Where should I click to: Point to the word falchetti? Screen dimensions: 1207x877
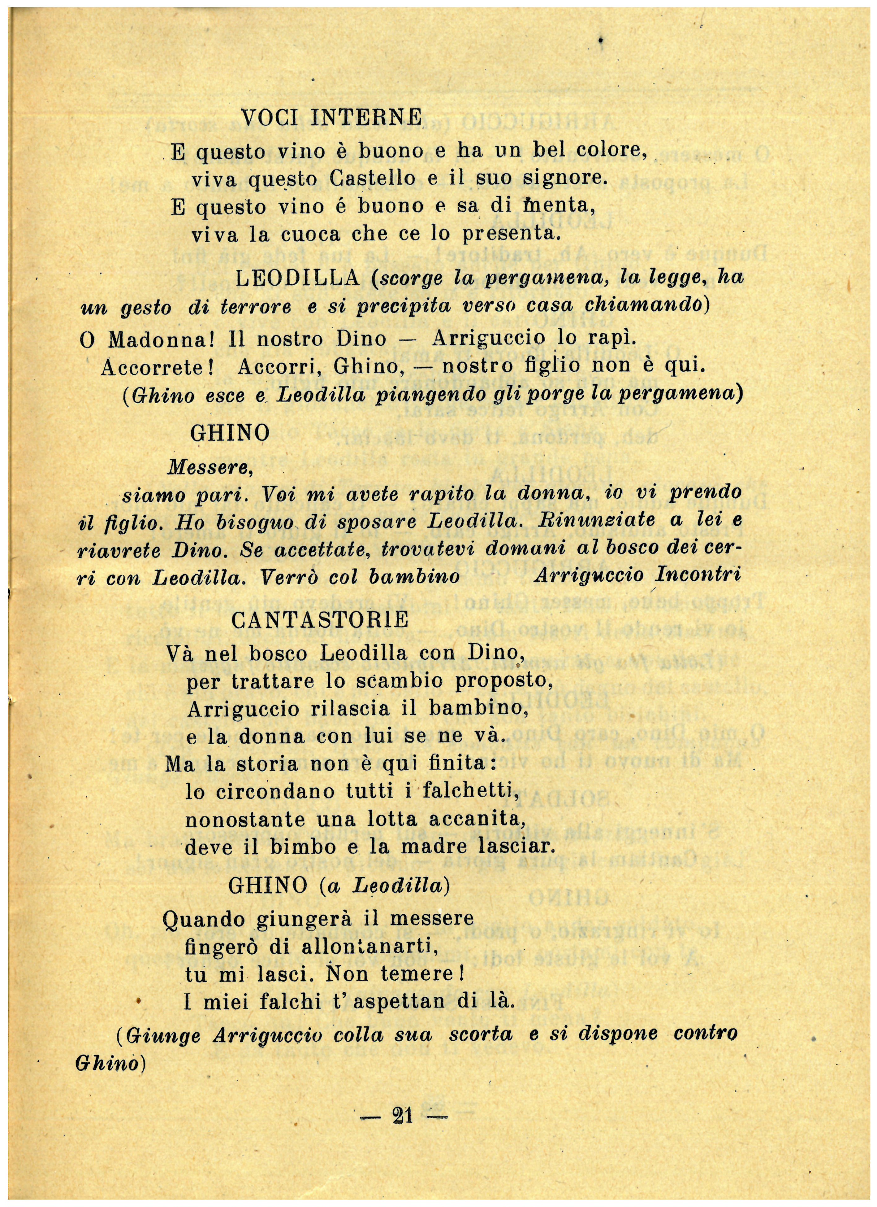[x=470, y=792]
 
